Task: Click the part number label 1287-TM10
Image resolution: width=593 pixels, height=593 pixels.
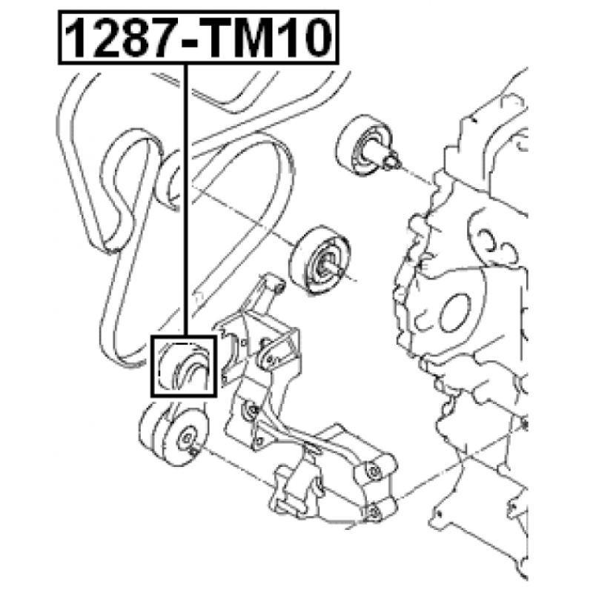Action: coord(199,38)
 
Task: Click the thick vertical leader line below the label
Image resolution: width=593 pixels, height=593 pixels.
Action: coord(185,200)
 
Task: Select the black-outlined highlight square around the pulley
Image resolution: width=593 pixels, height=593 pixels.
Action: coord(184,366)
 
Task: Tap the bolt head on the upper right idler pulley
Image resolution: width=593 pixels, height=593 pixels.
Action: coord(391,162)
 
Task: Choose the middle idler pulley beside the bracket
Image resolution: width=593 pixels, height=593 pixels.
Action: coord(320,261)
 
